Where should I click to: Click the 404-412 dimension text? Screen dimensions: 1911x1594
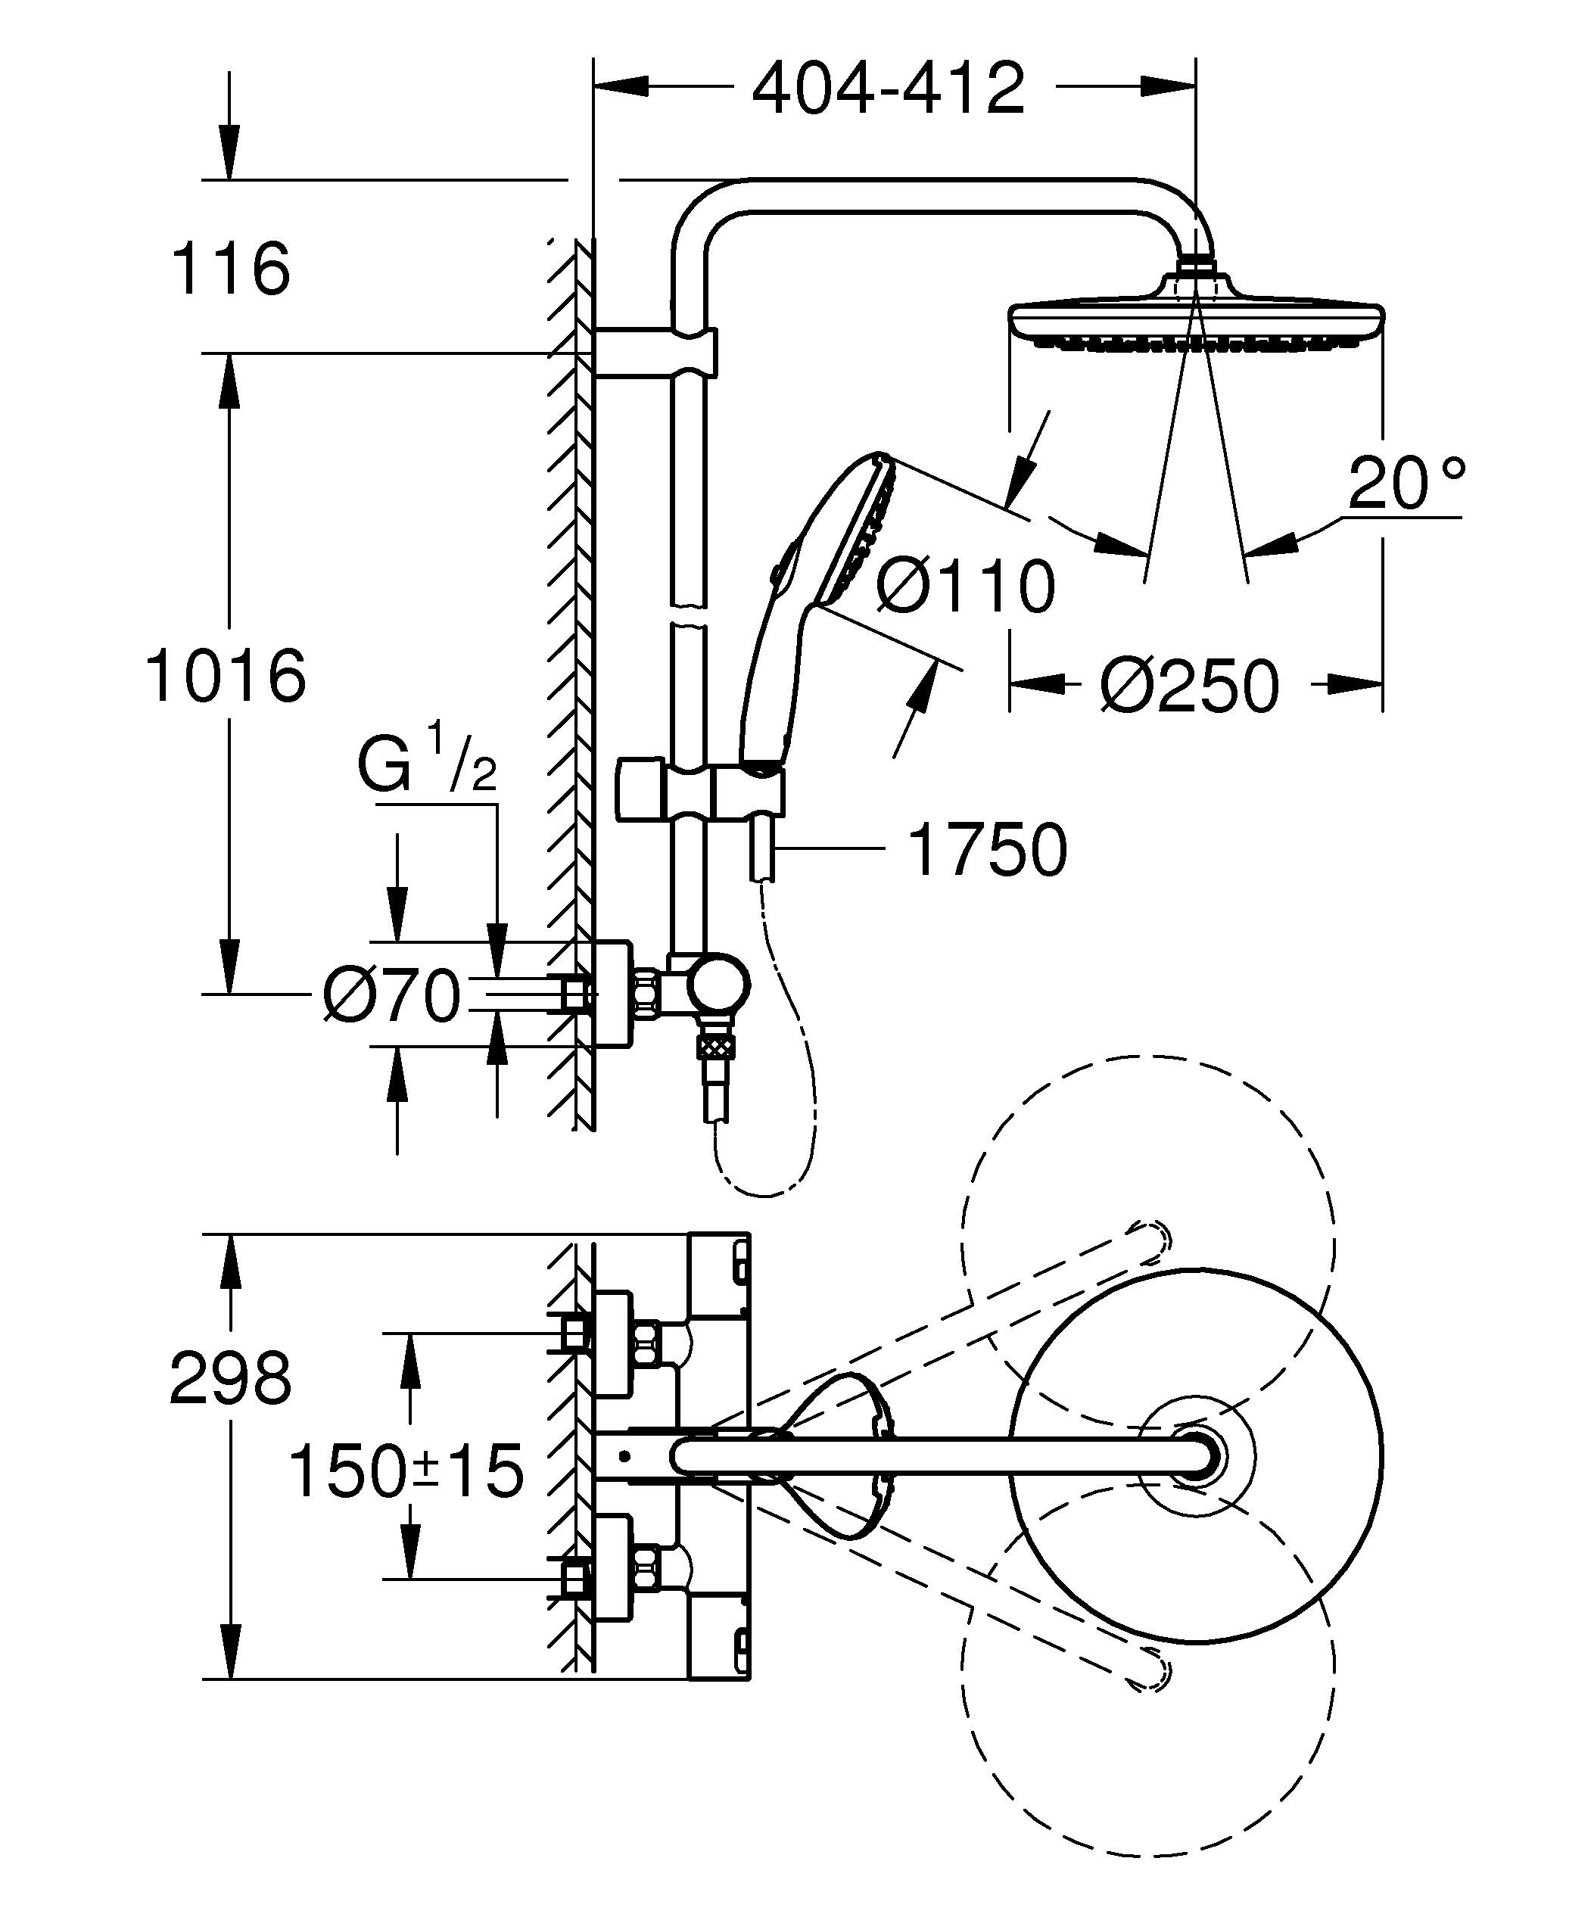point(889,89)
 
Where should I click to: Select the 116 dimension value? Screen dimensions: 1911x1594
point(230,269)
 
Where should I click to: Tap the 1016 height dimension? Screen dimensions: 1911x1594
point(226,675)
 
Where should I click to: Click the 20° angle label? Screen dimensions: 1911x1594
point(1406,484)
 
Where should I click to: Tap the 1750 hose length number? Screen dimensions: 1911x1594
point(987,850)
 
